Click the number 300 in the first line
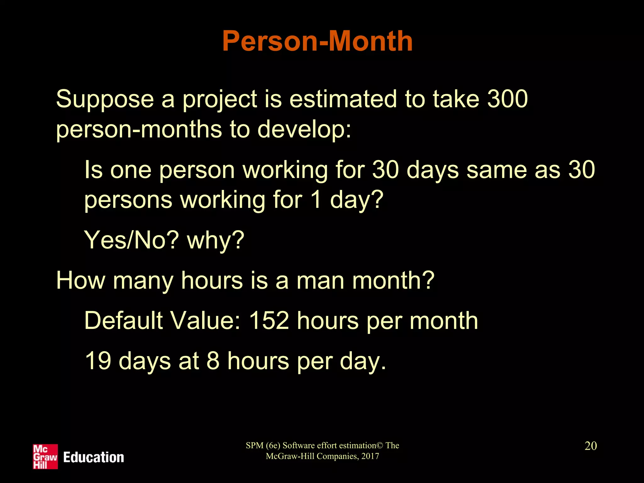pyautogui.click(x=507, y=99)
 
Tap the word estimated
pyautogui.click(x=343, y=99)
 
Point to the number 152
pyautogui.click(x=269, y=321)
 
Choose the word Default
pyautogui.click(x=124, y=321)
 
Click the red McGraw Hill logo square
pyautogui.click(x=45, y=457)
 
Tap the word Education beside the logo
pyautogui.click(x=93, y=457)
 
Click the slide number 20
pyautogui.click(x=591, y=446)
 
